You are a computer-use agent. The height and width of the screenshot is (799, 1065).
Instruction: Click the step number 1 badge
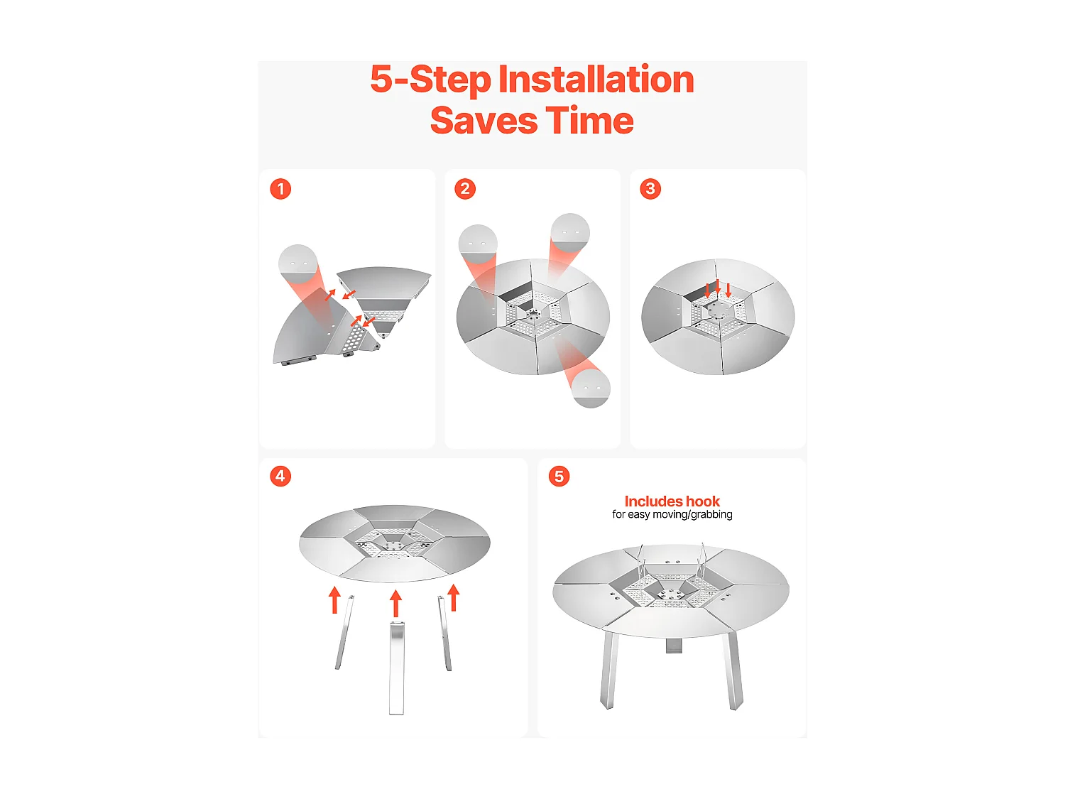pyautogui.click(x=280, y=189)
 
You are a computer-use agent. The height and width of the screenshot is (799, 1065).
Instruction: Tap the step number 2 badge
pyautogui.click(x=465, y=189)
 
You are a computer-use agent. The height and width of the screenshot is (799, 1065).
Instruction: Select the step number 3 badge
pyautogui.click(x=650, y=189)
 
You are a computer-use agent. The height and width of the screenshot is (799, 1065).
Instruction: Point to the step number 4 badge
pyautogui.click(x=280, y=476)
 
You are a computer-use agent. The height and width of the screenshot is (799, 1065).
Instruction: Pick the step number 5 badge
pyautogui.click(x=559, y=477)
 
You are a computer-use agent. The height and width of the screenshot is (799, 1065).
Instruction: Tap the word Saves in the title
pyautogui.click(x=484, y=120)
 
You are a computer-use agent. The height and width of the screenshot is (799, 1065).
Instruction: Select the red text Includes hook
pyautogui.click(x=672, y=501)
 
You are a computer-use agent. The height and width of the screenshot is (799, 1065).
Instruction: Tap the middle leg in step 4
pyautogui.click(x=397, y=668)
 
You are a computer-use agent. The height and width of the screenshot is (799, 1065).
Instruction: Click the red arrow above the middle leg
pyautogui.click(x=396, y=604)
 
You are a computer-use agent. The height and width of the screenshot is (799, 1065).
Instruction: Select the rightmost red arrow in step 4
pyautogui.click(x=453, y=597)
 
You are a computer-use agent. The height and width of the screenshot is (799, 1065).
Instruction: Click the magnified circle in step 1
pyautogui.click(x=298, y=264)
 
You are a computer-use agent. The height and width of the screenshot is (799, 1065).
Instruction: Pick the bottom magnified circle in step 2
pyautogui.click(x=591, y=388)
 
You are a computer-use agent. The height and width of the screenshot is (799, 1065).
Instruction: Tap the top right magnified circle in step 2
pyautogui.click(x=570, y=233)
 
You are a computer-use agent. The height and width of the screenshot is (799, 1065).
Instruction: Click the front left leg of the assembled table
pyautogui.click(x=609, y=670)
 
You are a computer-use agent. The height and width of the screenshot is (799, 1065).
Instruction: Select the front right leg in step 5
pyautogui.click(x=732, y=670)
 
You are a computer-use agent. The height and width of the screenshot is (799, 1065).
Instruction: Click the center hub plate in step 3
pyautogui.click(x=718, y=310)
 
